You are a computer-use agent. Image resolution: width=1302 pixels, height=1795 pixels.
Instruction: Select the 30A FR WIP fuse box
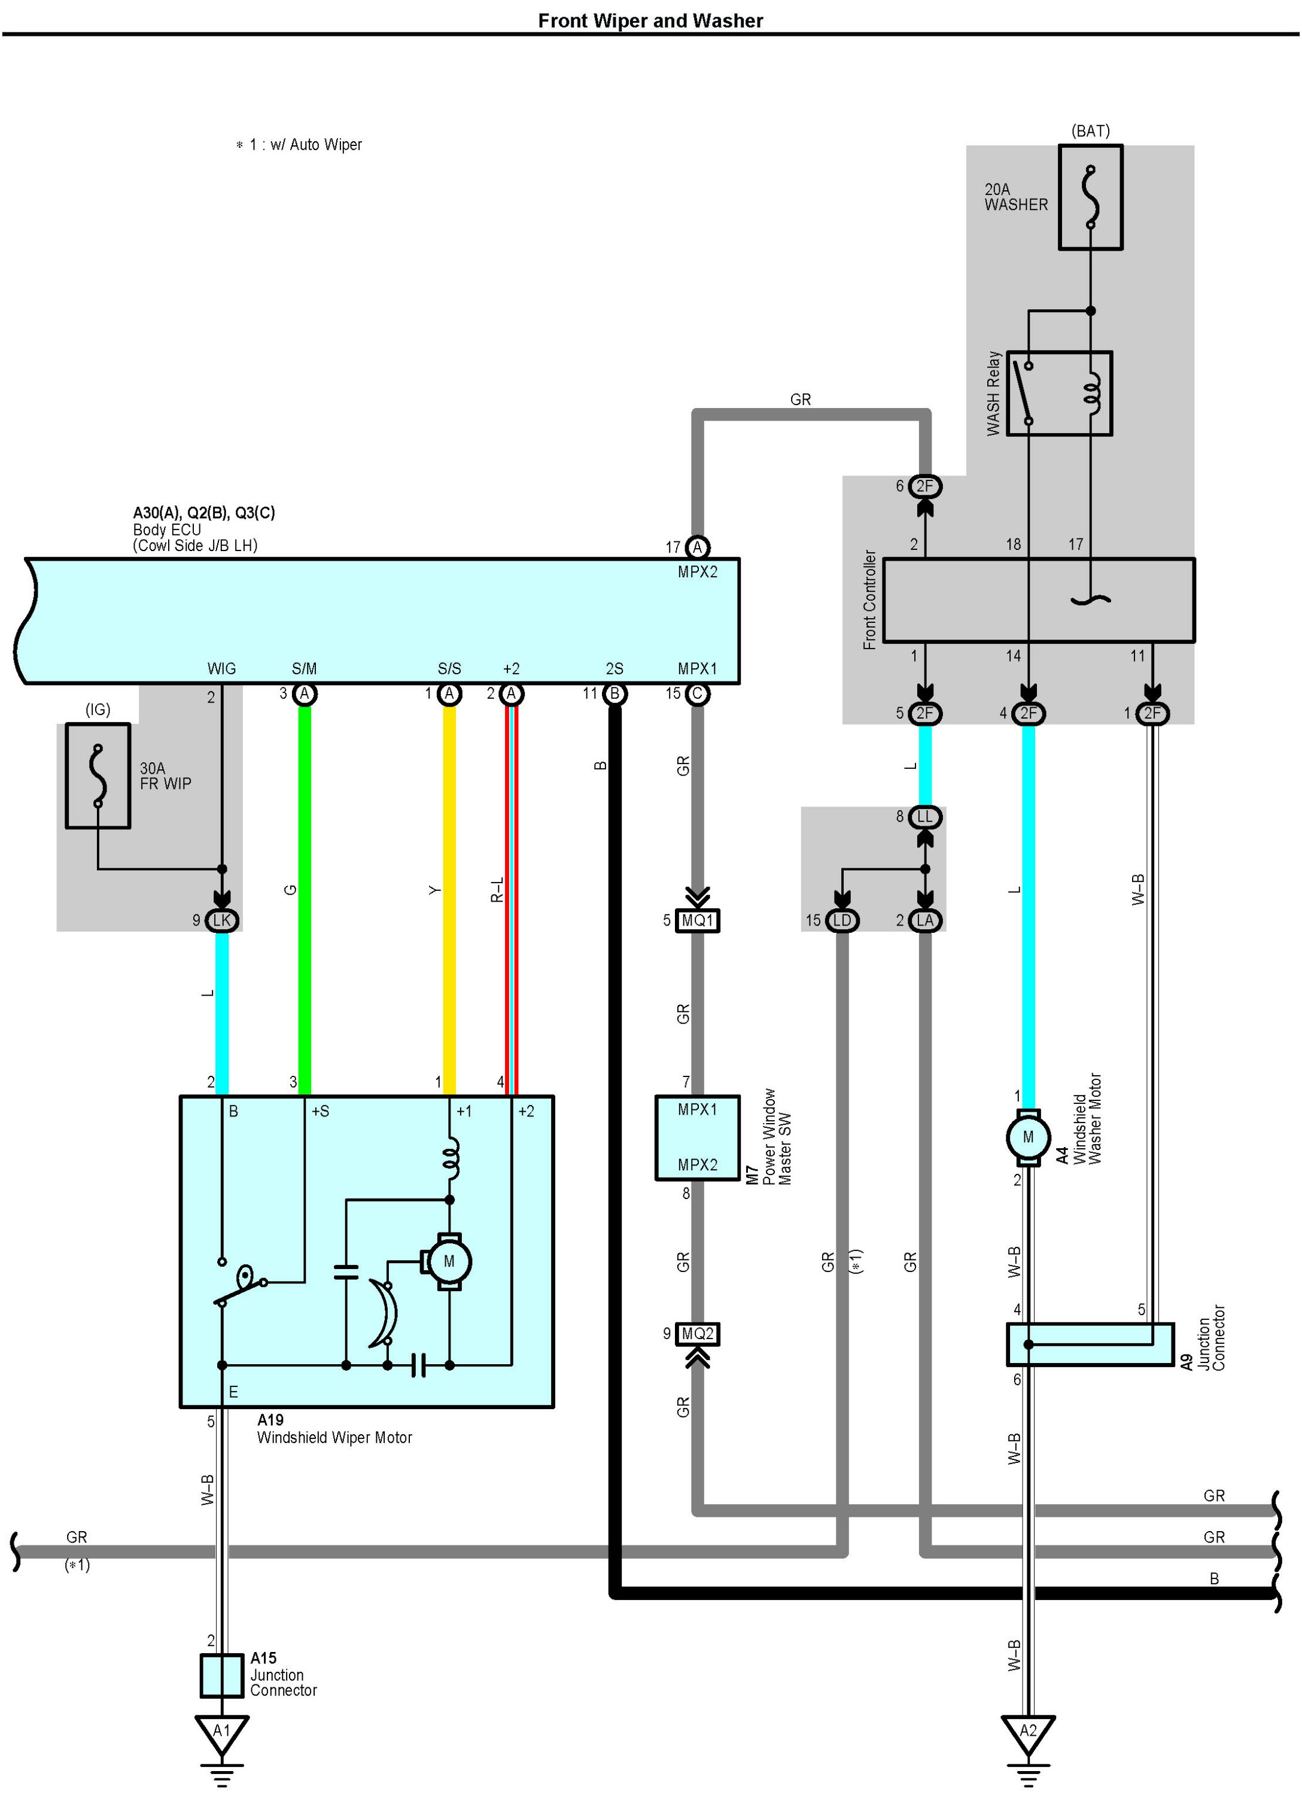[x=98, y=775]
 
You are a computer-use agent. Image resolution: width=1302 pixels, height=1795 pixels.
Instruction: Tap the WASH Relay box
[x=1059, y=393]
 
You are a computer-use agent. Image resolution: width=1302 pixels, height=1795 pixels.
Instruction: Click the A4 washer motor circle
[x=1028, y=1137]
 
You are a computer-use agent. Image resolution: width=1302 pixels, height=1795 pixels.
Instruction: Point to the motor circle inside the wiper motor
[x=449, y=1261]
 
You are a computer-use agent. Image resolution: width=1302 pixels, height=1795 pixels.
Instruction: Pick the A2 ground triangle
[x=1028, y=1733]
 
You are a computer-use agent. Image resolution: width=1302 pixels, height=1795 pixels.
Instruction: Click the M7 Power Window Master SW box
[x=697, y=1137]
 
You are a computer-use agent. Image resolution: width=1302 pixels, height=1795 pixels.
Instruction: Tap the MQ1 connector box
[x=697, y=920]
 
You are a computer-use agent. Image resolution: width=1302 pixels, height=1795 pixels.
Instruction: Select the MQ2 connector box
[x=697, y=1334]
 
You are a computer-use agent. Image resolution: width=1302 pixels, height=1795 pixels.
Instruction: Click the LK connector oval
[x=221, y=920]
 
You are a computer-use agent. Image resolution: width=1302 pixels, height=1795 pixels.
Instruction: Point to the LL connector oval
[x=924, y=817]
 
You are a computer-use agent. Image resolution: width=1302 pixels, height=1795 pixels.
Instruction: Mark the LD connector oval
[x=842, y=920]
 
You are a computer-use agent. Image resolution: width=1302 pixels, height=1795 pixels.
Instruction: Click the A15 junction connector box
[x=221, y=1675]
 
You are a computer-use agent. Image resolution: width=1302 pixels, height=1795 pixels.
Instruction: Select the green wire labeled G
[x=304, y=900]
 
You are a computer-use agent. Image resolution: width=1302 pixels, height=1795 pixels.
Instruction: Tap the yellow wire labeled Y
[x=449, y=900]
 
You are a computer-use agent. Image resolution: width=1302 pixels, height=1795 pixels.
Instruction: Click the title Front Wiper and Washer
[x=650, y=20]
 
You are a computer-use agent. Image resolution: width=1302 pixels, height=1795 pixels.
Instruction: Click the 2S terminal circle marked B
[x=614, y=694]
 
